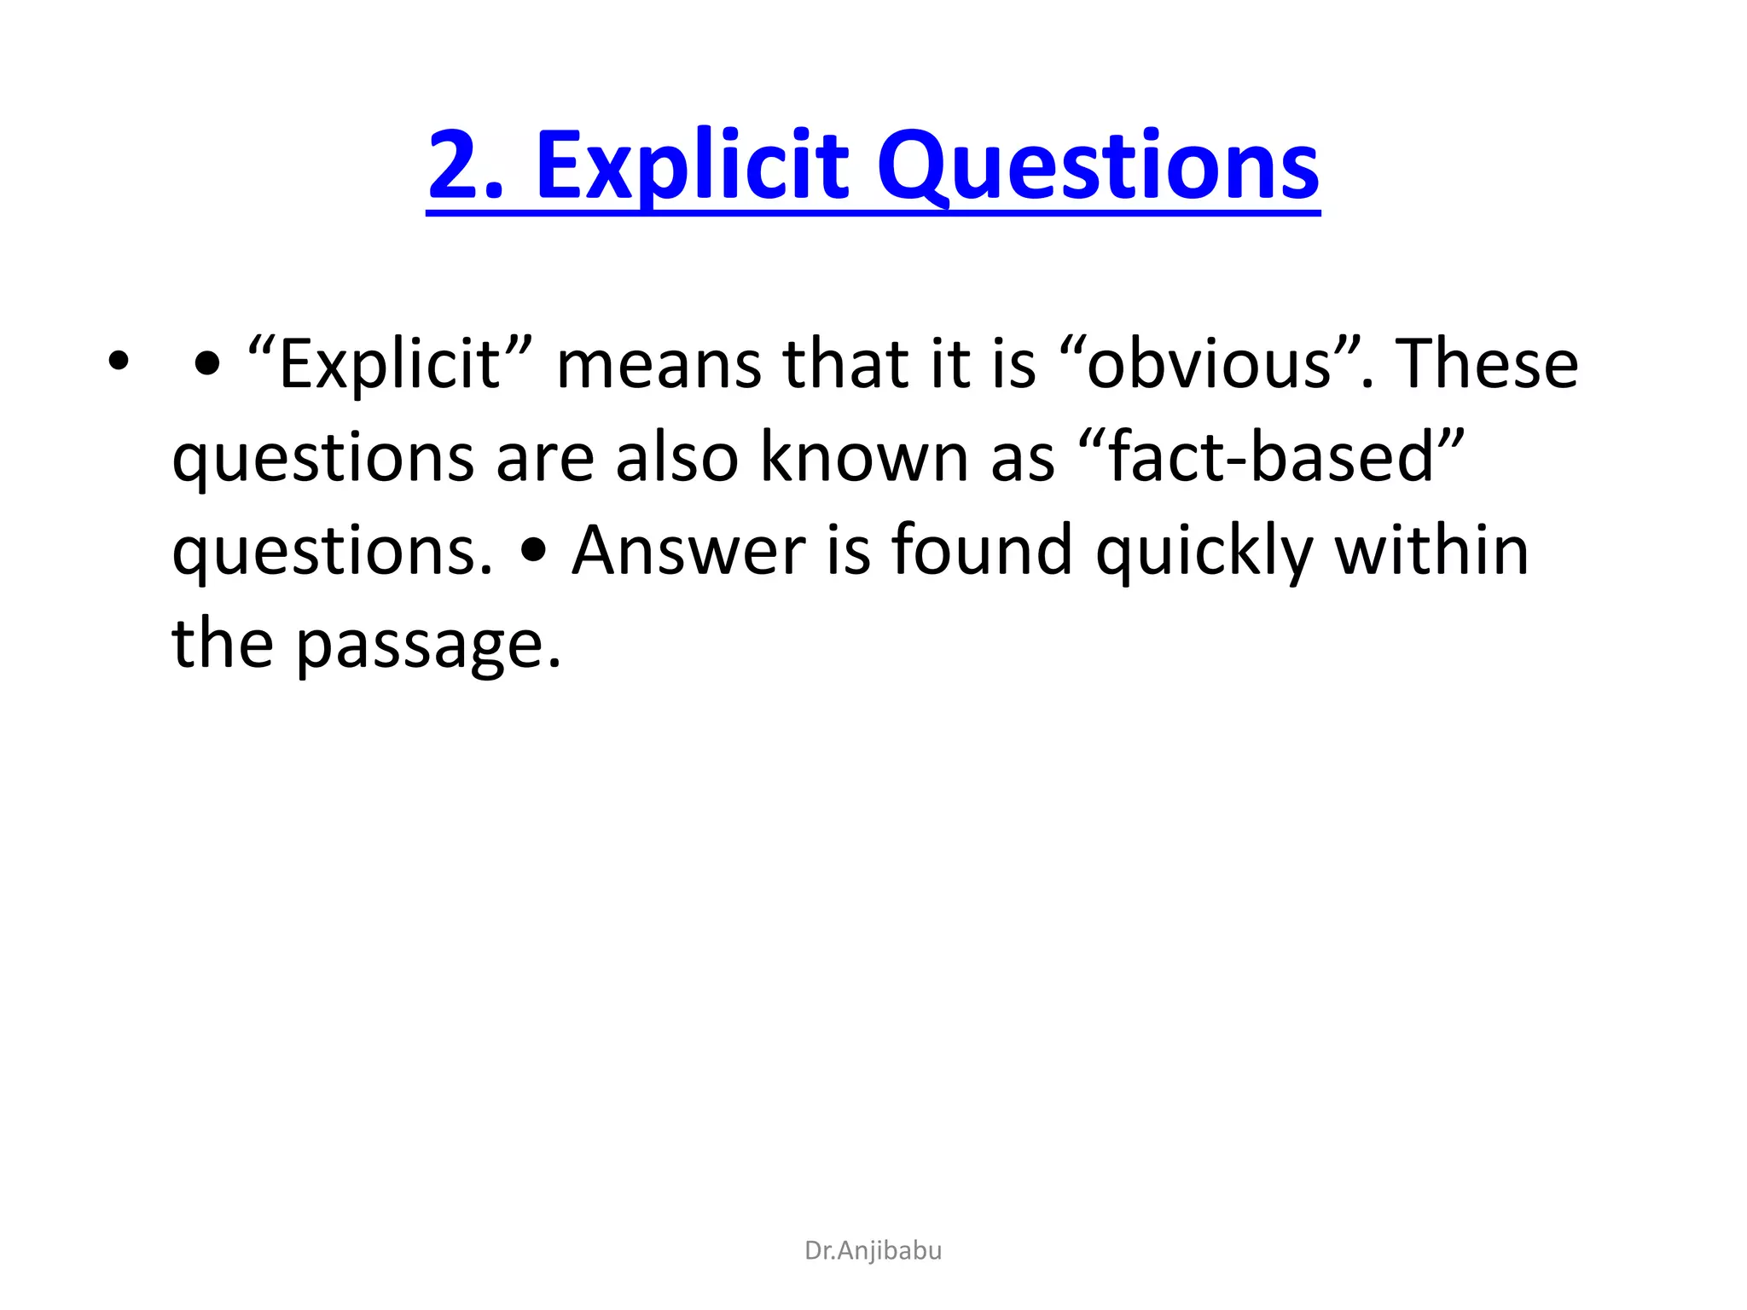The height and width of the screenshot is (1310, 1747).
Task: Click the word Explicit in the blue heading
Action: point(692,165)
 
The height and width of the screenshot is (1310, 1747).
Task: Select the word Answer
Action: point(688,551)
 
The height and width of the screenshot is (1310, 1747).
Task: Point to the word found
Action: point(982,551)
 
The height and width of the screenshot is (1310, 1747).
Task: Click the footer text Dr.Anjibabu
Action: point(873,1250)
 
